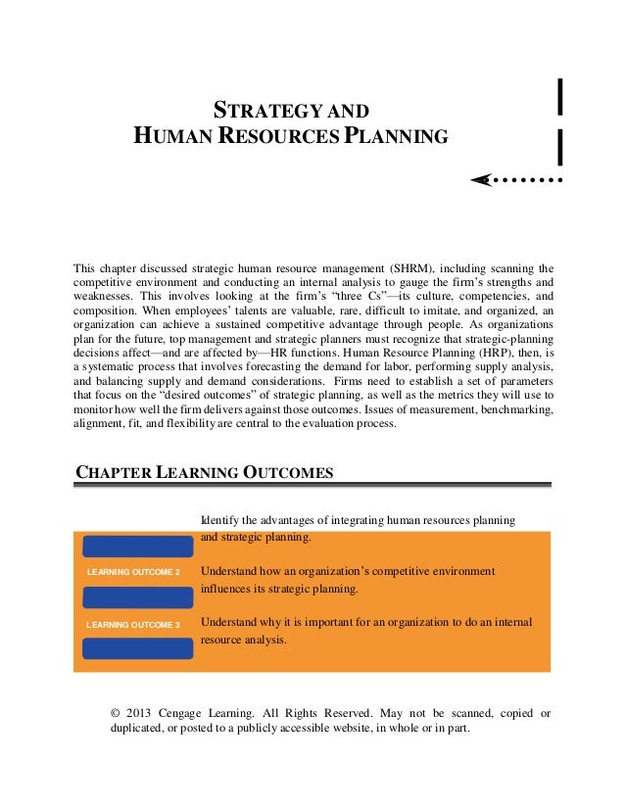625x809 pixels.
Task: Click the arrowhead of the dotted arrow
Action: coord(479,180)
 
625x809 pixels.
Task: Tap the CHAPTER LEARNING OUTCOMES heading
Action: coord(204,474)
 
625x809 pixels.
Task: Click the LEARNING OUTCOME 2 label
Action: coord(133,572)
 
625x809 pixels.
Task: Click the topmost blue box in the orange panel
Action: coord(137,547)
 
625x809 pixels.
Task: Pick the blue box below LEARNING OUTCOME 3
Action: coord(137,648)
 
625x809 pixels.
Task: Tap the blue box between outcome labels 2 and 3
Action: coord(137,597)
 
